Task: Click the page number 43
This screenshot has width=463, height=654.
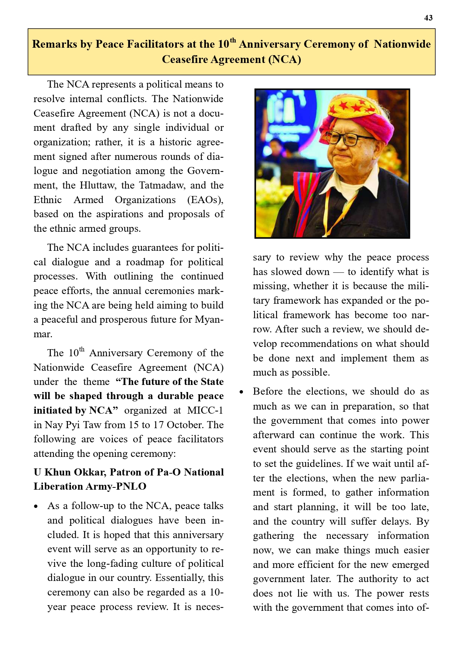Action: [x=428, y=18]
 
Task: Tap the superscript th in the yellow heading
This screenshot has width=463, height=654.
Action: [x=233, y=40]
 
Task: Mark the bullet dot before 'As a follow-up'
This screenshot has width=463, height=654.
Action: [x=36, y=507]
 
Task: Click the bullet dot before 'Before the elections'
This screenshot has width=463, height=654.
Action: [x=241, y=392]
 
